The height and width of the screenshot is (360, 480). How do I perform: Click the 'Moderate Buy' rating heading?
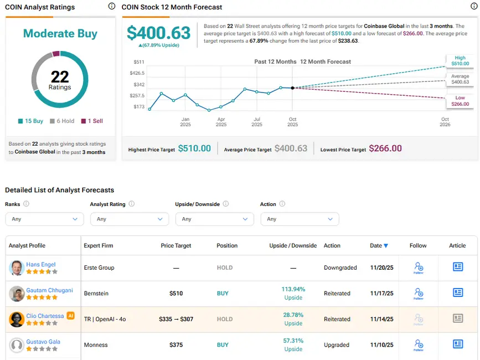click(x=60, y=33)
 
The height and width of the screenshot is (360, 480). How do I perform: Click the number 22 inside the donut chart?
click(x=60, y=76)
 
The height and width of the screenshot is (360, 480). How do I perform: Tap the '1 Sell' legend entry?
click(x=92, y=121)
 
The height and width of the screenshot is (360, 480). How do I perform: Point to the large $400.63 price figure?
click(x=159, y=33)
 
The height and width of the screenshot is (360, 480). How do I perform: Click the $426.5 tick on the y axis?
click(x=137, y=73)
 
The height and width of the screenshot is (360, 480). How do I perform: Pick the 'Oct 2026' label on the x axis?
click(x=445, y=122)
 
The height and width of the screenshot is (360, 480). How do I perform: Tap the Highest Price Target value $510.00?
click(x=194, y=148)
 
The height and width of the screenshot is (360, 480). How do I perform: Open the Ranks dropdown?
click(x=44, y=219)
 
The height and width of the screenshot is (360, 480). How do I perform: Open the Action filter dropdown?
click(x=300, y=219)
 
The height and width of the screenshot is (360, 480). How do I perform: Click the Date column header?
click(x=379, y=245)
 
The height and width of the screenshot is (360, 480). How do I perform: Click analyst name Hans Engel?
click(x=41, y=264)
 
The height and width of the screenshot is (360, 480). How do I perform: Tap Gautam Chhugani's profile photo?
click(x=17, y=294)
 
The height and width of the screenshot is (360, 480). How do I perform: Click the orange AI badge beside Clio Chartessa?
click(x=70, y=316)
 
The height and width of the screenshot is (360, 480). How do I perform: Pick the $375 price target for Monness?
click(x=176, y=344)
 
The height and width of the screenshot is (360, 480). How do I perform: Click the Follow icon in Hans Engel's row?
click(x=419, y=268)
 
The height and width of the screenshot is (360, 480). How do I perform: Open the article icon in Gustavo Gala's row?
click(x=458, y=344)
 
